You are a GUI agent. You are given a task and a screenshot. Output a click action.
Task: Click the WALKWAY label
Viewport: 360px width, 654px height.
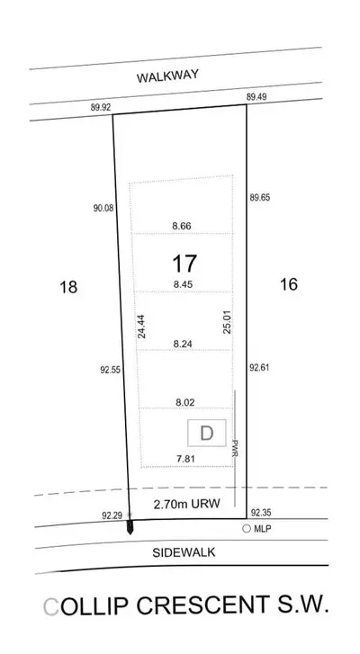tap(167, 76)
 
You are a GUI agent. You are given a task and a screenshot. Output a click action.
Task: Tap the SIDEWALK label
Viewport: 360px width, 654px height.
tap(184, 552)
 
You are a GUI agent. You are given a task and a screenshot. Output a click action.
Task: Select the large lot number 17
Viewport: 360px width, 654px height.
tap(184, 264)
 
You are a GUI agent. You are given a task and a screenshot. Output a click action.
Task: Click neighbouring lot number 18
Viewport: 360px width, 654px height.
tap(68, 287)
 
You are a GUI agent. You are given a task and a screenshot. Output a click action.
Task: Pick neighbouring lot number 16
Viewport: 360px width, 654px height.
tap(289, 284)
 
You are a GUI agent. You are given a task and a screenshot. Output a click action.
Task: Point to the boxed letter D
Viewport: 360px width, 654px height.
tap(206, 433)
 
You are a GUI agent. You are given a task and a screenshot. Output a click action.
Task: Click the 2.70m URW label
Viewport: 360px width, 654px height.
tap(186, 504)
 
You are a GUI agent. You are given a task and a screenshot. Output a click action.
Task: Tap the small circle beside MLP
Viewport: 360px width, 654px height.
tap(247, 529)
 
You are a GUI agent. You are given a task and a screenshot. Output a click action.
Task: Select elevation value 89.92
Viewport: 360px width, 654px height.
tap(101, 107)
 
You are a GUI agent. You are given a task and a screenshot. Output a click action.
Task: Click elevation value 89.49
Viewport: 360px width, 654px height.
tap(256, 97)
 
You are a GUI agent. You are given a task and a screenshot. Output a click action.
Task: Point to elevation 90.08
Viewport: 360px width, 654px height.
tap(103, 208)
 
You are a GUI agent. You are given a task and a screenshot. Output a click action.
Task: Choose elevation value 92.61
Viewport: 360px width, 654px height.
tap(259, 367)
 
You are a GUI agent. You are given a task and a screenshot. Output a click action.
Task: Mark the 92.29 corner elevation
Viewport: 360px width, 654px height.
tap(112, 516)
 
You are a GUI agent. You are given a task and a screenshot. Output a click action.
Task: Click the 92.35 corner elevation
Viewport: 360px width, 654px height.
tap(261, 513)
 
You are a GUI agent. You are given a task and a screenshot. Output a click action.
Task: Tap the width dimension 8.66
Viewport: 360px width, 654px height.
tap(182, 226)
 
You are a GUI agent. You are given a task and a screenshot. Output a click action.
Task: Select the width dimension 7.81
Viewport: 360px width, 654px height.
tap(185, 459)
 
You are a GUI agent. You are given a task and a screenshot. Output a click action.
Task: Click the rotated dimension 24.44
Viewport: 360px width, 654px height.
tap(142, 327)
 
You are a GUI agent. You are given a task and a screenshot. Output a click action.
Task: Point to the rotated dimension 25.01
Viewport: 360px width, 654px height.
tap(228, 321)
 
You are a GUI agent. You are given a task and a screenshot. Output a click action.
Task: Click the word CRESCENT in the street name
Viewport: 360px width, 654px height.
tap(202, 606)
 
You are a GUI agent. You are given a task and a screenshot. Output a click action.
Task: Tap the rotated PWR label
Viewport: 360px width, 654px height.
tap(235, 447)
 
